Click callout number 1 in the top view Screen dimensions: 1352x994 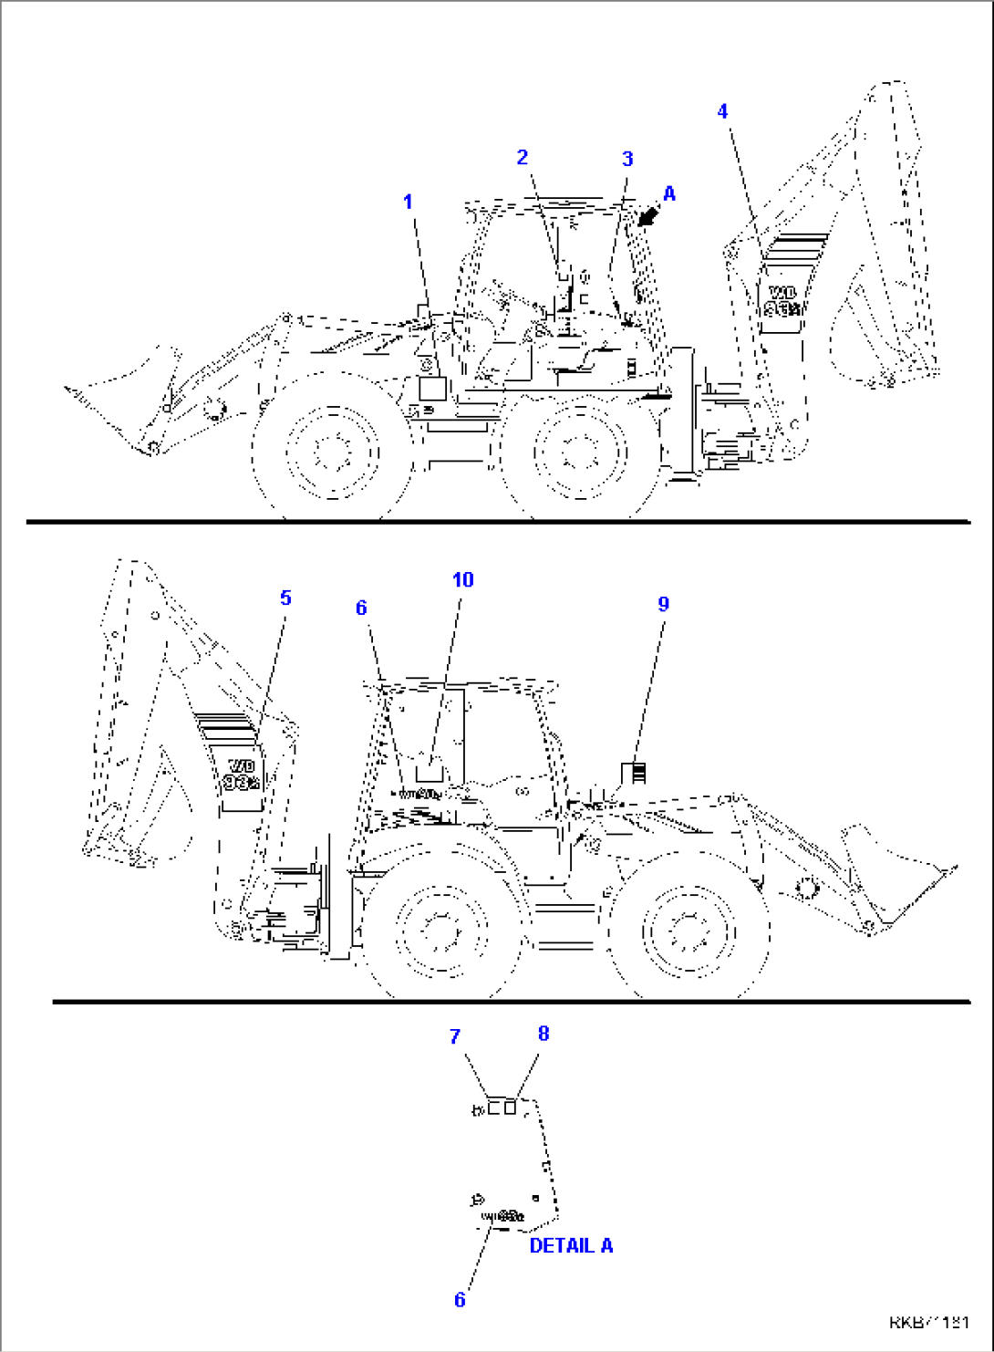408,202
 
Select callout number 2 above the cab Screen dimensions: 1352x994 522,157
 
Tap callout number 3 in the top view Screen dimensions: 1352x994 627,159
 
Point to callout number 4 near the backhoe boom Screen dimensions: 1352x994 722,111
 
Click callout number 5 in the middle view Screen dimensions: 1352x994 285,598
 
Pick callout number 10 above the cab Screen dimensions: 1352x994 462,579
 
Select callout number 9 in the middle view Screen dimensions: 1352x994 663,604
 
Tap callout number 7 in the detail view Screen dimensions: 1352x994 455,1036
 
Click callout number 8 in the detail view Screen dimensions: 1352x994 544,1033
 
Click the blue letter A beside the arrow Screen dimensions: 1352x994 669,193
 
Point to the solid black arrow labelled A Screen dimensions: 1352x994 648,215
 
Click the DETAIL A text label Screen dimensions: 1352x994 571,1245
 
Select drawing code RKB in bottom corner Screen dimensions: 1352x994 928,1322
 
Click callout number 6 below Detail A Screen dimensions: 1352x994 460,1299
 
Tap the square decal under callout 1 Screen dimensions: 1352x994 431,387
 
